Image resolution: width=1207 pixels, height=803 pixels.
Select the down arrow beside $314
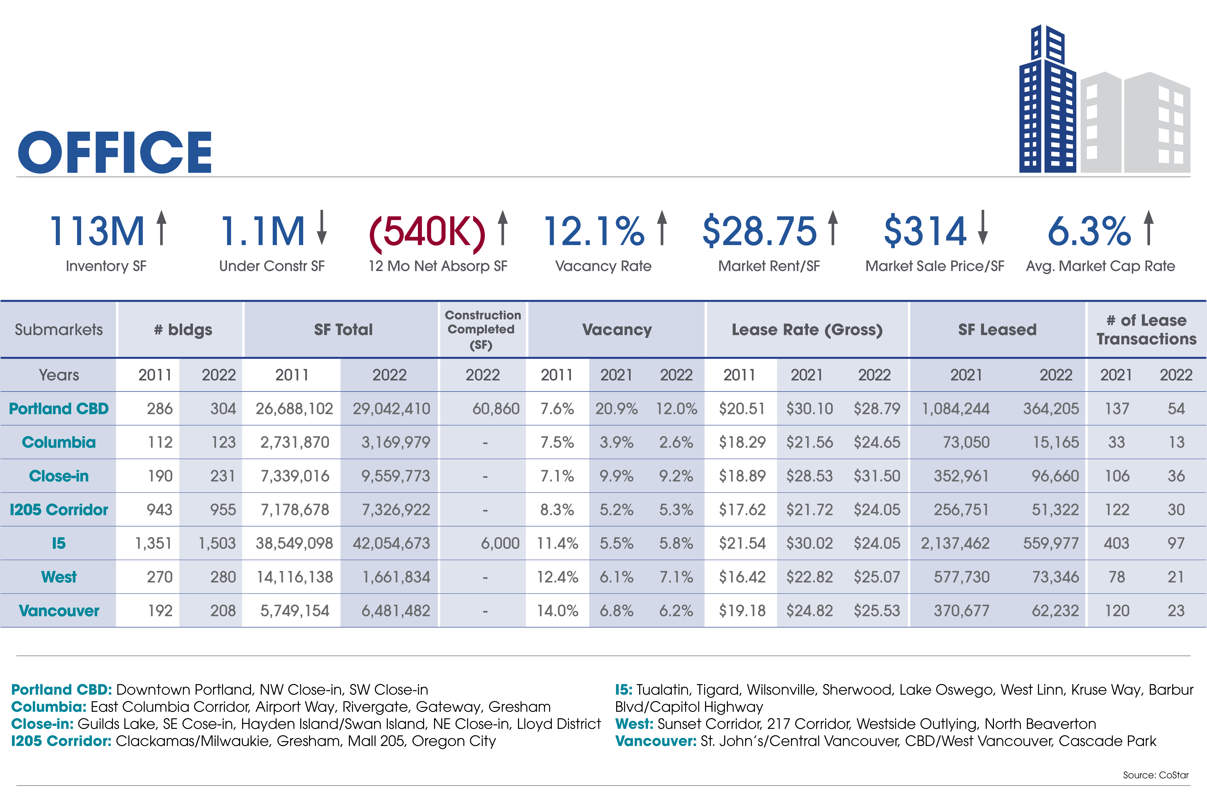click(x=982, y=227)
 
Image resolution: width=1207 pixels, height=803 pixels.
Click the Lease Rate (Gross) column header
click(x=807, y=330)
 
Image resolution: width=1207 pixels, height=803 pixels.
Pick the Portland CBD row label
click(x=59, y=409)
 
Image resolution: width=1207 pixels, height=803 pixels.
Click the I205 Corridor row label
click(x=59, y=510)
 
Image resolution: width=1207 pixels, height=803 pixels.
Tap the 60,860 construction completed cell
click(x=496, y=409)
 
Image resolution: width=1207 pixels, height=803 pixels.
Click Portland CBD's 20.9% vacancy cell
click(x=617, y=409)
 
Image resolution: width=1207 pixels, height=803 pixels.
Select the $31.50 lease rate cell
click(x=877, y=476)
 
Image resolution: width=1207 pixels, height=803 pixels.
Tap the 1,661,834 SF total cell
click(x=396, y=577)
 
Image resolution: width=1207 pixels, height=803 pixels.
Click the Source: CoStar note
click(x=1156, y=775)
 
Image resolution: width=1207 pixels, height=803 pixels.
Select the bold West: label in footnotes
click(x=634, y=724)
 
